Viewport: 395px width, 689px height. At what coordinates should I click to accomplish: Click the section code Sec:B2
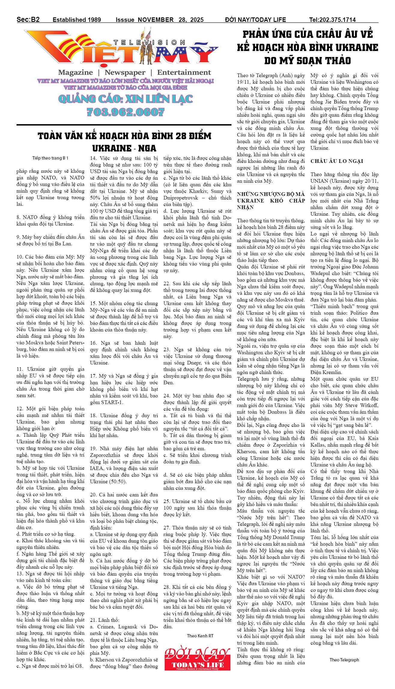pyautogui.click(x=28, y=19)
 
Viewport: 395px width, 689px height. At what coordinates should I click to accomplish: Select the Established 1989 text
pyautogui.click(x=77, y=20)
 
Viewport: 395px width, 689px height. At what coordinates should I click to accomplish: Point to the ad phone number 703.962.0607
pyautogui.click(x=126, y=112)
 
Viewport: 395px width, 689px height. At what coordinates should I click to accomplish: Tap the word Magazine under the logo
pyautogui.click(x=75, y=72)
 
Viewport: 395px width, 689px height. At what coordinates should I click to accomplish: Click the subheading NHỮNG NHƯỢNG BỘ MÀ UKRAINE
pyautogui.click(x=271, y=194)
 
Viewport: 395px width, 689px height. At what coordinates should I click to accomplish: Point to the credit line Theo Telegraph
pyautogui.click(x=344, y=660)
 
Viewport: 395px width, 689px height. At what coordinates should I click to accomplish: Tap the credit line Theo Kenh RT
pyautogui.click(x=200, y=636)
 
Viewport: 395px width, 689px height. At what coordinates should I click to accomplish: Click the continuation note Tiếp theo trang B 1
pyautogui.click(x=50, y=158)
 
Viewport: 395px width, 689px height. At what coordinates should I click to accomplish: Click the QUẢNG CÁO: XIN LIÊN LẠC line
pyautogui.click(x=126, y=99)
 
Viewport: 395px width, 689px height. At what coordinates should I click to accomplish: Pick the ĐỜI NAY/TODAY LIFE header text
pyautogui.click(x=255, y=20)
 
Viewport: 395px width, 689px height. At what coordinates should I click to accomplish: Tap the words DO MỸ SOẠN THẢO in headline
pyautogui.click(x=307, y=61)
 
